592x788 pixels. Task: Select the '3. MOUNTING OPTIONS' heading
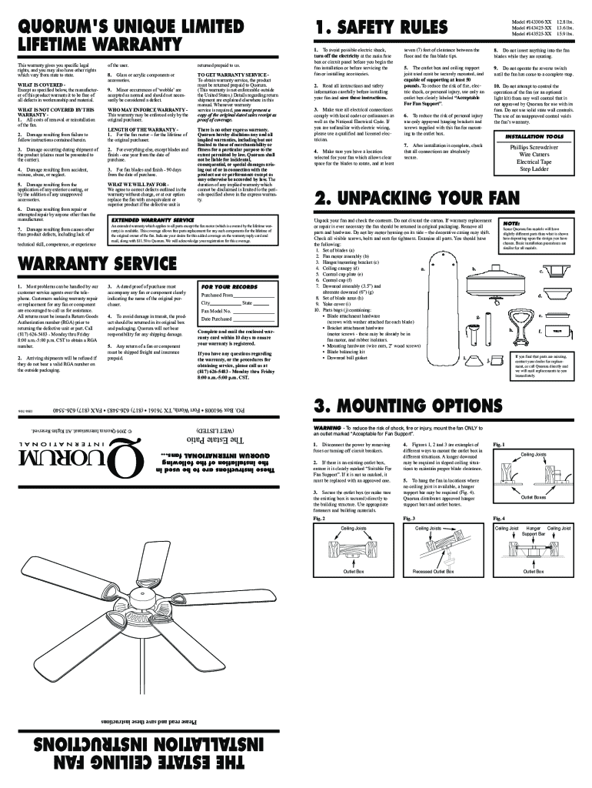point(407,406)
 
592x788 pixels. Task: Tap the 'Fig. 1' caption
point(499,446)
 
